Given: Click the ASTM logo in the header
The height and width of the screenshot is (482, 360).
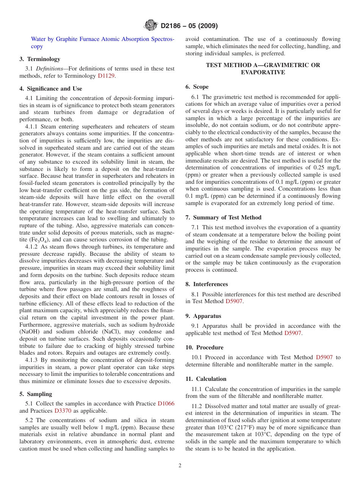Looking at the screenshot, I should (151, 26).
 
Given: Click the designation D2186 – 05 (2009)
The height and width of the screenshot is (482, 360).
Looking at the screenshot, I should (189, 26).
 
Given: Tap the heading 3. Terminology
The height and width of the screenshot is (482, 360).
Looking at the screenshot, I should (40, 59).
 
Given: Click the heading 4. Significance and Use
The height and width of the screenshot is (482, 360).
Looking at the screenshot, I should (51, 89).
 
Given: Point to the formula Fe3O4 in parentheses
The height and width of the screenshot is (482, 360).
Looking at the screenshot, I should (40, 240).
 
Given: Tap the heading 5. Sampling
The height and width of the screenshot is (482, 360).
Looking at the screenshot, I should (36, 394).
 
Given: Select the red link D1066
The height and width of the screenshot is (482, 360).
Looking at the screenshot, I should (166, 404).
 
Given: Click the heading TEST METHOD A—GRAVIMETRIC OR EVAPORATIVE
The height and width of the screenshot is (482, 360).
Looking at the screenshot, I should (263, 69).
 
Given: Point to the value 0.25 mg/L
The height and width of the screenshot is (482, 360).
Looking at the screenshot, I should (322, 168).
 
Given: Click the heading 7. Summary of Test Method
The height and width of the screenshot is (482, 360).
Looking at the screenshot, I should (223, 218).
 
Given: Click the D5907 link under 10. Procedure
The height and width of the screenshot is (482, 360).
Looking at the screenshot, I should (324, 357).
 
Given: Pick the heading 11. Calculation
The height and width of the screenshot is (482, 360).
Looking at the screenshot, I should (206, 379).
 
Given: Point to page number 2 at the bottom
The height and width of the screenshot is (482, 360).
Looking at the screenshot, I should (180, 466).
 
